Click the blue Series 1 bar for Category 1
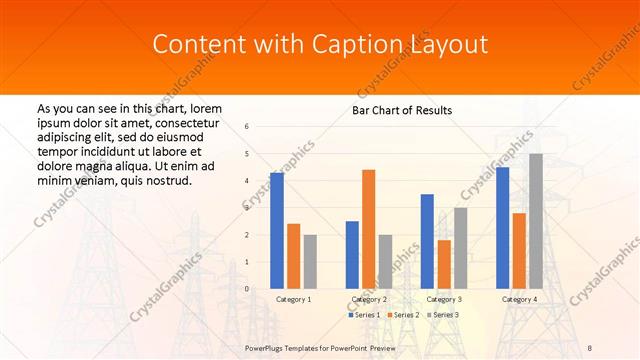point(277,230)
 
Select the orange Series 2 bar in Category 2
point(368,229)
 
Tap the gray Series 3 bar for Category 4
point(536,221)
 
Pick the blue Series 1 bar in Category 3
point(427,241)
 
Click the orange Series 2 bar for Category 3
point(444,264)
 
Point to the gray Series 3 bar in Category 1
point(310,261)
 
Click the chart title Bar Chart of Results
point(402,110)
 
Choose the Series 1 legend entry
point(363,315)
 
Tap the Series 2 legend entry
point(403,315)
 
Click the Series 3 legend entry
point(443,315)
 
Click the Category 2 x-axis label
point(369,299)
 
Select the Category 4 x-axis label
point(519,299)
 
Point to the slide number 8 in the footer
point(590,348)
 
